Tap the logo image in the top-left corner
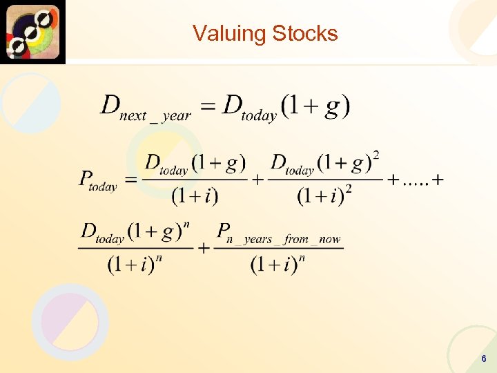(33, 32)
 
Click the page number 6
(484, 359)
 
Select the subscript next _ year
(155, 115)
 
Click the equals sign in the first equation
(208, 107)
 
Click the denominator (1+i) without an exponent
(195, 197)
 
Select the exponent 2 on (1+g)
(376, 153)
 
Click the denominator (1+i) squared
(324, 197)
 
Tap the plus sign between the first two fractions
(257, 180)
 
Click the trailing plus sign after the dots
(436, 180)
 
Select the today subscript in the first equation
(259, 116)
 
